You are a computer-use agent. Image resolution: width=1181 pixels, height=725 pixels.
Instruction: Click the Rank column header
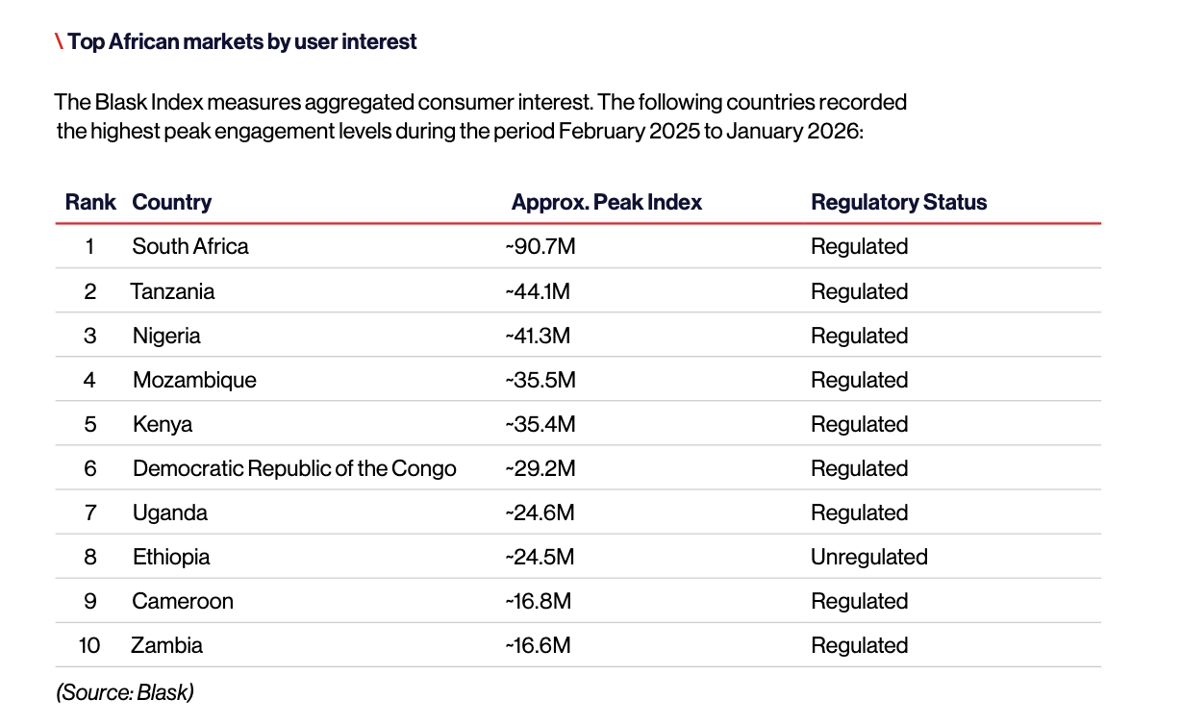pyautogui.click(x=90, y=202)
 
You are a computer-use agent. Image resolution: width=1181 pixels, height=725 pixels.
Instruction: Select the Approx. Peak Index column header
pyautogui.click(x=606, y=203)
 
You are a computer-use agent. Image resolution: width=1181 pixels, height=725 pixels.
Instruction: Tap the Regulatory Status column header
pyautogui.click(x=898, y=203)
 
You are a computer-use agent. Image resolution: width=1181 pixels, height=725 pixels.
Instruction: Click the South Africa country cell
pyautogui.click(x=189, y=246)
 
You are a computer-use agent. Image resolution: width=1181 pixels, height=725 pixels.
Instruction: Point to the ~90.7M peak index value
pyautogui.click(x=540, y=246)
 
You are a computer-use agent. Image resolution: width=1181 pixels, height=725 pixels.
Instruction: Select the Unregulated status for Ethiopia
pyautogui.click(x=868, y=557)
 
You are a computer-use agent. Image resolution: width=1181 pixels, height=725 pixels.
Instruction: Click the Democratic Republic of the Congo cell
pyautogui.click(x=294, y=468)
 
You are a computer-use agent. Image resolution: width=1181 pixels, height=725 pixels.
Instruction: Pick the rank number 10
pyautogui.click(x=89, y=645)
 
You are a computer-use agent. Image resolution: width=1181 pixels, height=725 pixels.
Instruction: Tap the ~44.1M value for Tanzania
pyautogui.click(x=538, y=291)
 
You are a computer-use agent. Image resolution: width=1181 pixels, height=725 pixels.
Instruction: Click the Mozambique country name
pyautogui.click(x=194, y=380)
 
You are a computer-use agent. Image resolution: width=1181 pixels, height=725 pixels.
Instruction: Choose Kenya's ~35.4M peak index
pyautogui.click(x=540, y=424)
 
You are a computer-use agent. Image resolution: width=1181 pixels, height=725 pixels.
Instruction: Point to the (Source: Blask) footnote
pyautogui.click(x=125, y=692)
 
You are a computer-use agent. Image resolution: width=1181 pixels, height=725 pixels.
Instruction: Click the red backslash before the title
pyautogui.click(x=59, y=41)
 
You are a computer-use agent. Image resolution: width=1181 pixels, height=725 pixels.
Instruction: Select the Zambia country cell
pyautogui.click(x=166, y=645)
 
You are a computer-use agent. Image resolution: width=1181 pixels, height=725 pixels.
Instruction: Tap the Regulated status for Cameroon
pyautogui.click(x=860, y=601)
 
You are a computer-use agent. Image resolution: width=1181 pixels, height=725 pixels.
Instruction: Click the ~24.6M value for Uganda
pyautogui.click(x=540, y=512)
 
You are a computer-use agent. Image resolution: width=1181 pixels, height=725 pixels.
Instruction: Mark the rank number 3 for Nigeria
pyautogui.click(x=90, y=336)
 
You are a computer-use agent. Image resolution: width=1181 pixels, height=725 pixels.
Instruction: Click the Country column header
pyautogui.click(x=172, y=203)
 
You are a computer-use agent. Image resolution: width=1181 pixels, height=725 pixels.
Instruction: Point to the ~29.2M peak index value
pyautogui.click(x=540, y=468)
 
